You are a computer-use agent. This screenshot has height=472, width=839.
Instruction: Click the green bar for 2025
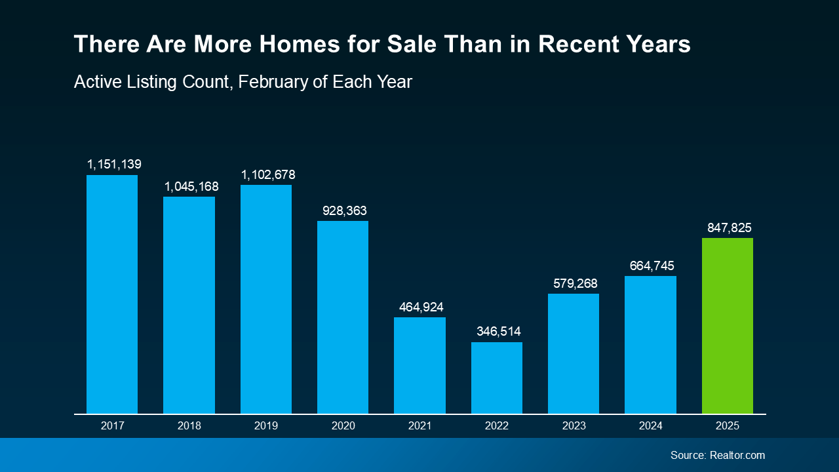(727, 326)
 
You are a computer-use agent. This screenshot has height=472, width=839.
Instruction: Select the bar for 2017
(112, 294)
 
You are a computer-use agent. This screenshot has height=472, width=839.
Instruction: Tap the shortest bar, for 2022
(497, 378)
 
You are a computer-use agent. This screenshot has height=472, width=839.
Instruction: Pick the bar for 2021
(419, 365)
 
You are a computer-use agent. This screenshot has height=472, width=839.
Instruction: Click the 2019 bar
(266, 299)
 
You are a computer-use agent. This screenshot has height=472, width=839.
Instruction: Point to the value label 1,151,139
(115, 164)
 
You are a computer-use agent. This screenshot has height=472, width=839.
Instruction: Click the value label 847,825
(729, 227)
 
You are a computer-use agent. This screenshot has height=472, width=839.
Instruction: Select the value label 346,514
(498, 332)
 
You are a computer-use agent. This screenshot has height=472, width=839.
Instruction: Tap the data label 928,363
(344, 211)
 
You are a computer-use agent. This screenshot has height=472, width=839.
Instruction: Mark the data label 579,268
(575, 283)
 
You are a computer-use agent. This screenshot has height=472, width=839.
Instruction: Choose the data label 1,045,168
(191, 187)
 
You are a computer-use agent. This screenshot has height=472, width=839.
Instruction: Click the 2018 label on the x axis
(189, 426)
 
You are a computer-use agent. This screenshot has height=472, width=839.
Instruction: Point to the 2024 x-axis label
(650, 426)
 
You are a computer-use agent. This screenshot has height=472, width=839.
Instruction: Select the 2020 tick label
(343, 426)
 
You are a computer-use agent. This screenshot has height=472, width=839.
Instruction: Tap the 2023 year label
(574, 426)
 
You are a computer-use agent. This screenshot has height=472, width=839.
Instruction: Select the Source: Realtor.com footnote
(717, 455)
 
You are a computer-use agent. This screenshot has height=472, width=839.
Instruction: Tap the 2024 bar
(650, 345)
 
